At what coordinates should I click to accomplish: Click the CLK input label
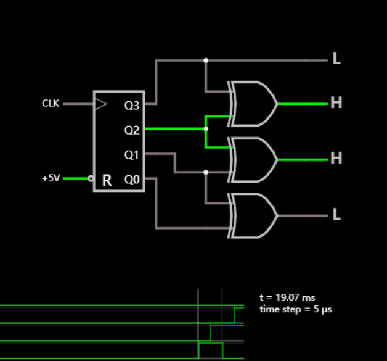(51, 104)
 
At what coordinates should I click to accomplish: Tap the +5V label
(51, 178)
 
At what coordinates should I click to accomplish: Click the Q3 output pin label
(132, 106)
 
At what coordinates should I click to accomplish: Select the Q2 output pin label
(132, 130)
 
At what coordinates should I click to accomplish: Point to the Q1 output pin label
(132, 155)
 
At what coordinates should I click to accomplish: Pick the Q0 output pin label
(132, 180)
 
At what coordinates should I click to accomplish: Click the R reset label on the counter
(107, 180)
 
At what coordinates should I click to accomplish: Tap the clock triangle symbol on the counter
(100, 104)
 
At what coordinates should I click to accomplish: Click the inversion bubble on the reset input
(91, 178)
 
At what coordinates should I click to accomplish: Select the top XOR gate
(253, 104)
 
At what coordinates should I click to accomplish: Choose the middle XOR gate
(253, 159)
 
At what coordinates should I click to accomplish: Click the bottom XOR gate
(253, 215)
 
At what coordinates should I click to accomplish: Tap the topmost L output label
(336, 60)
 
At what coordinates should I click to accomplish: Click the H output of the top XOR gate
(336, 103)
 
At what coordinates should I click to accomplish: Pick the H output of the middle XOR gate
(336, 159)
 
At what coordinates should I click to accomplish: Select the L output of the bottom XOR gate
(336, 215)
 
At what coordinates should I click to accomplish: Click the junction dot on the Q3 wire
(206, 60)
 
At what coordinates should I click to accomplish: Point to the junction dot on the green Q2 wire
(206, 129)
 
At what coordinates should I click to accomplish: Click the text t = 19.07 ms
(287, 297)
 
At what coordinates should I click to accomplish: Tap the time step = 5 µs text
(296, 309)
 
